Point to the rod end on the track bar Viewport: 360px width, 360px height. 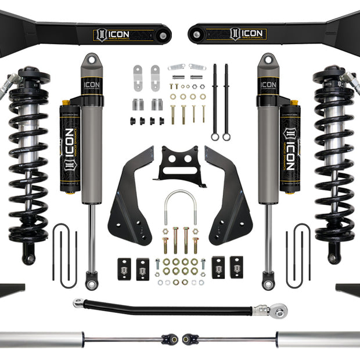279,312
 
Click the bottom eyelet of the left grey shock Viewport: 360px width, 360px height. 89,285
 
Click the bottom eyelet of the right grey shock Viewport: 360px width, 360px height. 268,285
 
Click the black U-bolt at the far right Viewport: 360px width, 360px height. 298,255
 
